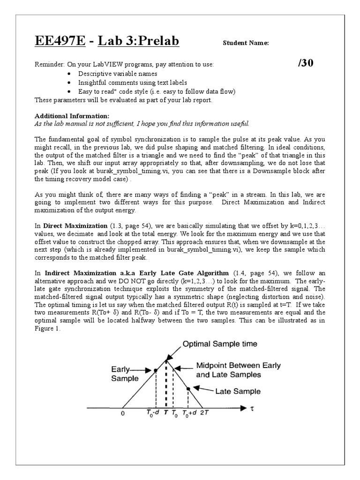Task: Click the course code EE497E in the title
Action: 60,42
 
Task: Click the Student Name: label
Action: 246,43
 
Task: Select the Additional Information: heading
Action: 72,116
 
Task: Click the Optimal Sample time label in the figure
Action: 219,344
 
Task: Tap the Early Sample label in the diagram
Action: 124,374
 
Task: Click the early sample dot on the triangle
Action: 155,371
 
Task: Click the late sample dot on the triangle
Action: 188,389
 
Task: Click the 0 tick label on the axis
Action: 122,414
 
